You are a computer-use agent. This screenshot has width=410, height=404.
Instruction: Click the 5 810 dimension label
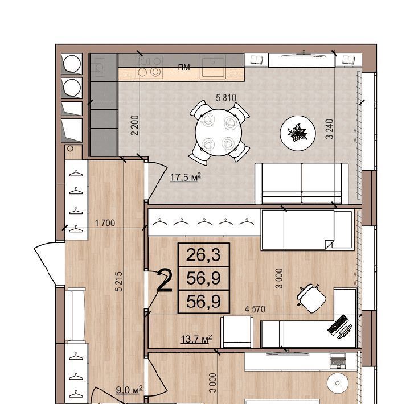226,98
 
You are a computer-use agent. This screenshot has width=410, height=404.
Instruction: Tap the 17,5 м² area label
186,177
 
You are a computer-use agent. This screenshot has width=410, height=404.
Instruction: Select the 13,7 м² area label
196,339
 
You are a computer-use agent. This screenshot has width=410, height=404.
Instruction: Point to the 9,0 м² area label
129,390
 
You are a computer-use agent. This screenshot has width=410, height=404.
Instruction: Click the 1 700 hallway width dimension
105,223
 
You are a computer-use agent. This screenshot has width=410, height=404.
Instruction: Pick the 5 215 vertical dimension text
118,282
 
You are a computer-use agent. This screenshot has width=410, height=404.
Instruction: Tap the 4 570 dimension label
255,309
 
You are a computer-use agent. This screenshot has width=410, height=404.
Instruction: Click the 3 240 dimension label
330,129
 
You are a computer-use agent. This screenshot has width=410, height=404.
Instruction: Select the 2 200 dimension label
135,125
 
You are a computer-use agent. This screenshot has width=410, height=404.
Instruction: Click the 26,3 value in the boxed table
203,255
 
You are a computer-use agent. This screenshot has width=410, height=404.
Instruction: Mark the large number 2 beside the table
165,281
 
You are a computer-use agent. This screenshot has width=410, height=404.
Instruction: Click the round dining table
219,132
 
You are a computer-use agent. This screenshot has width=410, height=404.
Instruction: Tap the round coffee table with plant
298,133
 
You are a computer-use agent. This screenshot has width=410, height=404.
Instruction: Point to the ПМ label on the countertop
184,67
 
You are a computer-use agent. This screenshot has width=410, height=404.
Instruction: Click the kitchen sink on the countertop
212,67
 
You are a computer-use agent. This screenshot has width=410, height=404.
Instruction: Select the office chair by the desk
311,298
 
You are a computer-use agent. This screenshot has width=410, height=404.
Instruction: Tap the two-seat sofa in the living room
302,183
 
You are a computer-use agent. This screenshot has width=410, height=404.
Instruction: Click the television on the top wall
304,55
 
